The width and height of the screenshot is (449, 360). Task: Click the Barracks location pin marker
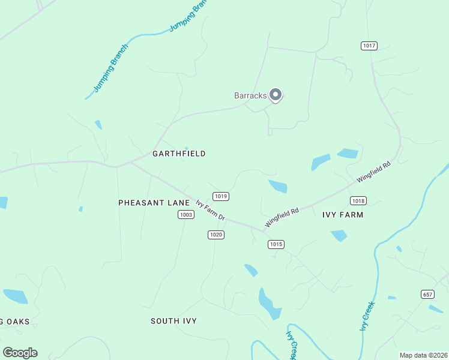point(276,95)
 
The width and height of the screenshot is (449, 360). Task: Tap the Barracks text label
point(250,95)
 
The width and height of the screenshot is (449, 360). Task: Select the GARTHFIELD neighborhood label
point(179,154)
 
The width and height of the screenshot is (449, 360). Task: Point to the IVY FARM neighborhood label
point(343,214)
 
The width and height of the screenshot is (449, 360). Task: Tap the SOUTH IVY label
point(173,321)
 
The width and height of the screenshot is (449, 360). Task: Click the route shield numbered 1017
point(369,46)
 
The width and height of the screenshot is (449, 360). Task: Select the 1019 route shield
point(221,196)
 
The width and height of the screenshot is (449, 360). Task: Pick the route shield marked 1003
point(186,214)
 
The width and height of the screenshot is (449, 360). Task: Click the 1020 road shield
point(216,235)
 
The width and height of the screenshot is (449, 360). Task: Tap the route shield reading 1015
point(276,244)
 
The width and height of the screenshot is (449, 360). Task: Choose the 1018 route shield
point(359,201)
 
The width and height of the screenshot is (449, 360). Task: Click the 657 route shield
point(427,294)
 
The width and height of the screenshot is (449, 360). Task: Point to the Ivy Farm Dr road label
point(210,210)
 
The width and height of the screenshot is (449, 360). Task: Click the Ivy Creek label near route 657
point(367,315)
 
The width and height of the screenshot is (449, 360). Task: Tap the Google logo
point(20,353)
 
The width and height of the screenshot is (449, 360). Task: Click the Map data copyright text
point(423,355)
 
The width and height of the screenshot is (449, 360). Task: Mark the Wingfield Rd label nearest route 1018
point(373,172)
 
